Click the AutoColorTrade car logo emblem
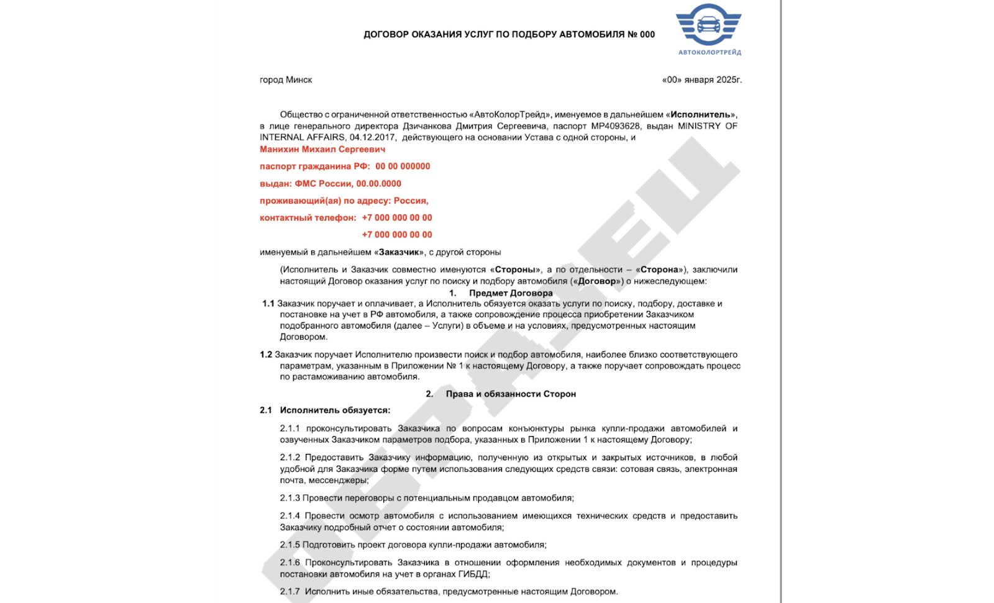[x=708, y=25]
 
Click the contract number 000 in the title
[x=647, y=35]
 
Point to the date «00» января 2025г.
[x=702, y=80]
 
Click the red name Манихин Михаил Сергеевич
[x=322, y=150]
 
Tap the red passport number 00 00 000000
[x=403, y=166]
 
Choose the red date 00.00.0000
[x=378, y=184]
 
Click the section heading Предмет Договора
[x=511, y=293]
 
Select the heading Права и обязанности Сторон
[x=511, y=394]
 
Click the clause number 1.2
[x=266, y=355]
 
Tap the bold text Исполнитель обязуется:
[x=335, y=410]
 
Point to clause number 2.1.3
[x=290, y=498]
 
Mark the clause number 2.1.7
[x=290, y=592]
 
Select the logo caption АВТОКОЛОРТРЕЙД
[x=709, y=53]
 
